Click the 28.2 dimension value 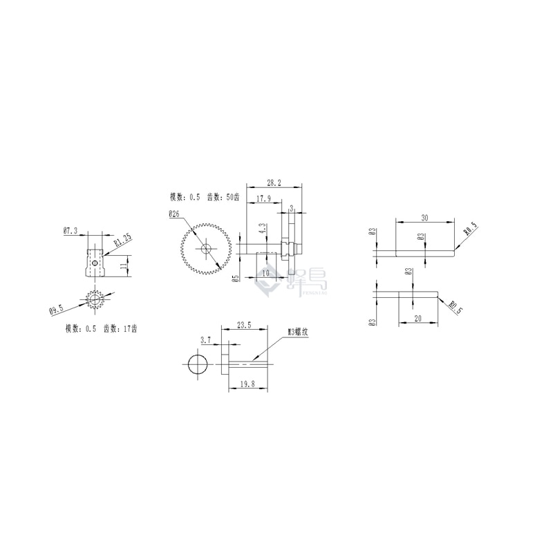click(274, 182)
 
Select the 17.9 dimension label click(263, 199)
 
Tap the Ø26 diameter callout click(174, 215)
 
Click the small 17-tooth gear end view click(94, 299)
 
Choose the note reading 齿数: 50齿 click(223, 198)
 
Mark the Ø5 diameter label click(235, 279)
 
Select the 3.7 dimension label click(205, 340)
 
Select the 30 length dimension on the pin click(424, 218)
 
